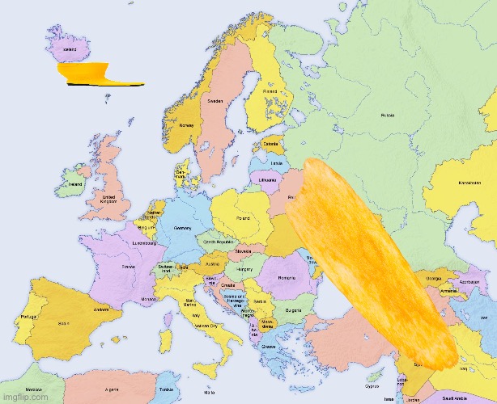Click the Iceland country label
70,48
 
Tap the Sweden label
215,103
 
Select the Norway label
186,125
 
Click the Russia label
389,115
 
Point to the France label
129,266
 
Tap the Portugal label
28,316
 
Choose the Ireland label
75,183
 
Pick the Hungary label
245,267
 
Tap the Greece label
268,347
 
